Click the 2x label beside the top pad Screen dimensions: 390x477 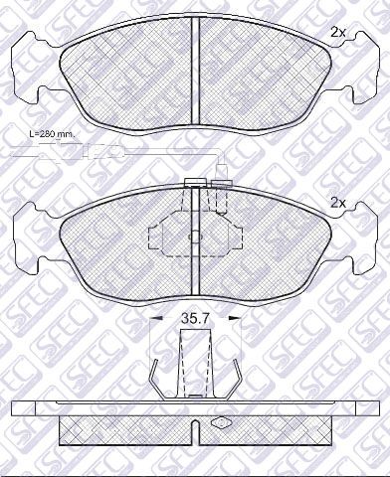(338, 33)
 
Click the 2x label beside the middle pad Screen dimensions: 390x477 (338, 203)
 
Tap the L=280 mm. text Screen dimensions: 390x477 (53, 135)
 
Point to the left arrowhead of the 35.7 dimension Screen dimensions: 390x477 (156, 318)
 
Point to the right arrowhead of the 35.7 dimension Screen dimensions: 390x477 (234, 318)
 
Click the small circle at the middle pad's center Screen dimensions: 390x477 (195, 238)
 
